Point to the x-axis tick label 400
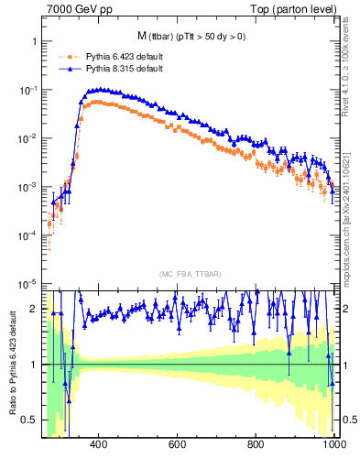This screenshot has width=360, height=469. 100,445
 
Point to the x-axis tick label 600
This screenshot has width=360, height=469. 178,445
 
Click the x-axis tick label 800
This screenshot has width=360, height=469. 256,445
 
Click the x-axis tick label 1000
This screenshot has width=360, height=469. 333,445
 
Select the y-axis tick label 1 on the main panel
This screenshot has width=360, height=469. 34,42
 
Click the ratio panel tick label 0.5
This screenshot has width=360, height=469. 30,420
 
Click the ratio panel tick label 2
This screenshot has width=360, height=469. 34,309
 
